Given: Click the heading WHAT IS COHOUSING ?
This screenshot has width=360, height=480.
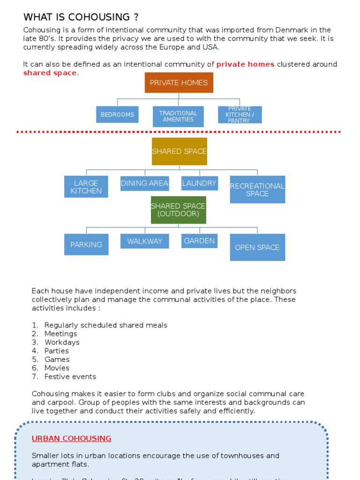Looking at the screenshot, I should point(81,17).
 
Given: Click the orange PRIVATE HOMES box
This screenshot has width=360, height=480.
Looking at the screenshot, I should point(179,82).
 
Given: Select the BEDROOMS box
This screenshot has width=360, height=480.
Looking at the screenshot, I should point(117,114).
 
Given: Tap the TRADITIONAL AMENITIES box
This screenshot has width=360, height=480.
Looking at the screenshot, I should point(178,116).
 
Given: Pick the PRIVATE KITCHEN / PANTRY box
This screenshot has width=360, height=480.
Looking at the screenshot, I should point(240,114).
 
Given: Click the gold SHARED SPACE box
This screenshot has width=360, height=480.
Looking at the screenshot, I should point(179,151).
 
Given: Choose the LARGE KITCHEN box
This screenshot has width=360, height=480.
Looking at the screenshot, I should point(86,187).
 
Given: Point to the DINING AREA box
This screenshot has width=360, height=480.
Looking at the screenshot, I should point(144,183).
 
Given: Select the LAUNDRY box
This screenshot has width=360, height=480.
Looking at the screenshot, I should point(199,183).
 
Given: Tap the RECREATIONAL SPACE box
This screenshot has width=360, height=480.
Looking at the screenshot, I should point(257,189).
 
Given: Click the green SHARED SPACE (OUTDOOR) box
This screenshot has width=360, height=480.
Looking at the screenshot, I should point(178,210).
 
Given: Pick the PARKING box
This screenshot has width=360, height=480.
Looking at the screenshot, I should point(86,244).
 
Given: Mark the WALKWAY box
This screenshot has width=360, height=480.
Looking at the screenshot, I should point(144,241).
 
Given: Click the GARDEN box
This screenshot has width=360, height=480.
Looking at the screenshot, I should point(199,240).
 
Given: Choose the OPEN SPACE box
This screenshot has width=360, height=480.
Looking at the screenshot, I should point(257,247).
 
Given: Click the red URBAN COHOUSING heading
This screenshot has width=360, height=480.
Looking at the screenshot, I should point(71,438).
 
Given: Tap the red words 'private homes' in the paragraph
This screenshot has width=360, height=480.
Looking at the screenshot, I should point(245,64).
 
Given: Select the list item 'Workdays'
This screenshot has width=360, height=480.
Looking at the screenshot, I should point(62,342).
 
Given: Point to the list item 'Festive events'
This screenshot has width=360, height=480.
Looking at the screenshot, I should point(70,376).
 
